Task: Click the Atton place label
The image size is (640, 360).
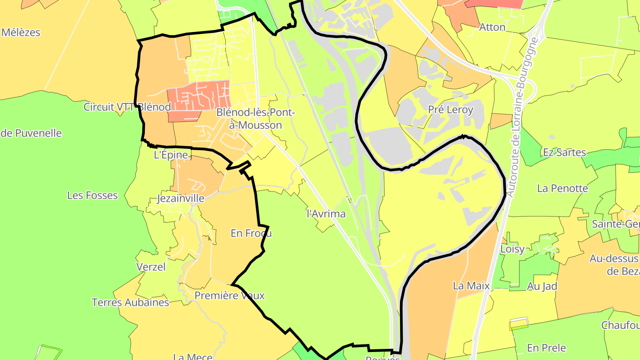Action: tap(492, 27)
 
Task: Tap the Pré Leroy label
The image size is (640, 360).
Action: tap(451, 109)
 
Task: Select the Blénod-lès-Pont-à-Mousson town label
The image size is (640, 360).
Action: tap(255, 119)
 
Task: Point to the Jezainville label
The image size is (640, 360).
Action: tap(181, 198)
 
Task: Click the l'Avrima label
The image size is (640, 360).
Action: tap(326, 214)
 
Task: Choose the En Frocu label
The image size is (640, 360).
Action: tap(251, 233)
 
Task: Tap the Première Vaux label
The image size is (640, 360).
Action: tap(230, 296)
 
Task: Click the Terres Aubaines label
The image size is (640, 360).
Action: tap(130, 303)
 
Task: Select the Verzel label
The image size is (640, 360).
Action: tap(151, 267)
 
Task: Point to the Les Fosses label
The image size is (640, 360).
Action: tap(92, 195)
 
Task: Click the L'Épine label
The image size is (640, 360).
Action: tap(171, 155)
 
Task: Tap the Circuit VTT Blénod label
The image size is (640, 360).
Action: tap(127, 107)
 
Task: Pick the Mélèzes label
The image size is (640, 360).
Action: tap(21, 32)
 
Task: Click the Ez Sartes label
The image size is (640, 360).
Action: tap(564, 152)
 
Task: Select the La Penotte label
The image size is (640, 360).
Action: tap(562, 188)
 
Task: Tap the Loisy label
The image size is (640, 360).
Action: tap(512, 249)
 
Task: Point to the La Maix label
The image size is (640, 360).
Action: tap(471, 286)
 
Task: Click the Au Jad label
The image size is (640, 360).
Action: tap(542, 286)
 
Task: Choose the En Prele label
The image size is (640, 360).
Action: tap(546, 348)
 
